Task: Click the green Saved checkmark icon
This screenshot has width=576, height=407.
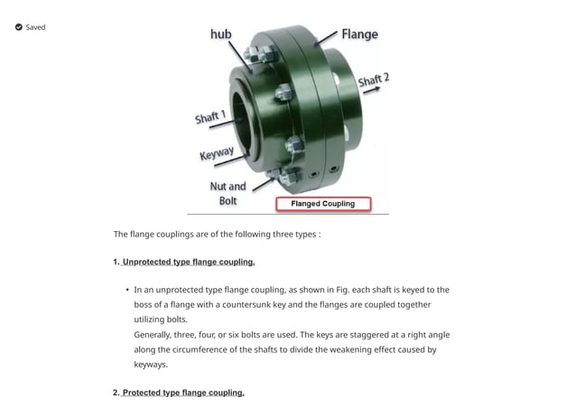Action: coord(18,27)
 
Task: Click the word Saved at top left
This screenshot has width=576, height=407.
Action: coord(35,27)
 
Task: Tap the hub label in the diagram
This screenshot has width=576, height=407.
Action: coord(220,33)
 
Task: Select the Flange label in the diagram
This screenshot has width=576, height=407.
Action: coord(359,34)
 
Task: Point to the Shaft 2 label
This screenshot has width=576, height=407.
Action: coord(373,81)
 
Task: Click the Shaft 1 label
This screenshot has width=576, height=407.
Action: coord(210,118)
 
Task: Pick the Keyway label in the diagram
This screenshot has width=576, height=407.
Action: coord(218,153)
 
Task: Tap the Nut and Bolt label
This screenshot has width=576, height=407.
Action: coord(228,193)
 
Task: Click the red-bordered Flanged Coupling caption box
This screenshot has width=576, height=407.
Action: coord(322,204)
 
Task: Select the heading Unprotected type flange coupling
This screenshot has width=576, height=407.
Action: coord(188,262)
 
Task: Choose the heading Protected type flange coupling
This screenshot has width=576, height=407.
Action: coord(182,393)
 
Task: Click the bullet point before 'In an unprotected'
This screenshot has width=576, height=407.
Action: coord(126,291)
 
